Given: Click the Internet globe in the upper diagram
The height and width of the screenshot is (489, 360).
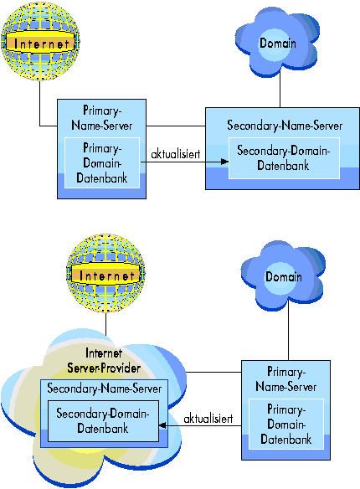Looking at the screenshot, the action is click(x=40, y=41).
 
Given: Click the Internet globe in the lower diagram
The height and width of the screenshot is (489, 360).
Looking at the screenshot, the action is click(x=105, y=274).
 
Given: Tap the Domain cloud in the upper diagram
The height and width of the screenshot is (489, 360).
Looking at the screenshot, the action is click(x=277, y=43).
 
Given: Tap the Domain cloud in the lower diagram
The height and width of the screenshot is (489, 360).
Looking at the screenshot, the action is click(x=283, y=275).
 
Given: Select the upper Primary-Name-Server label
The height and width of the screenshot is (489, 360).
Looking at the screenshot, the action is click(x=101, y=118).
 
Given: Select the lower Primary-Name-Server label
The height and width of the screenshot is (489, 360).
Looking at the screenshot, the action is click(x=285, y=379).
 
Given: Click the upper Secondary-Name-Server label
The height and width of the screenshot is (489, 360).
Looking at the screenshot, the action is click(x=285, y=126).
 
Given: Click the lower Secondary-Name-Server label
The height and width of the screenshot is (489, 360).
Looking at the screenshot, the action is click(x=105, y=389).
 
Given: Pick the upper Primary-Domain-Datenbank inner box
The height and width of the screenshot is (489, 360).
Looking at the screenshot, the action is click(x=101, y=162).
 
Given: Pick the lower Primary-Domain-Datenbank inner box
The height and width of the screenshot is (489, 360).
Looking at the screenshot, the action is click(x=286, y=425).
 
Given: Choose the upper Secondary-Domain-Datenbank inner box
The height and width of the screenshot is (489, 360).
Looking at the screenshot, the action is click(x=284, y=158).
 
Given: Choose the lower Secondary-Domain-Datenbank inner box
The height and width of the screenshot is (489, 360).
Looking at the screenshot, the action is click(x=103, y=421).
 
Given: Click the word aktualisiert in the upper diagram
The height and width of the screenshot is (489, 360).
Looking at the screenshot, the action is click(x=176, y=154).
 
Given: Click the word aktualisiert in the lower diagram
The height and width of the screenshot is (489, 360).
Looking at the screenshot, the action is click(x=208, y=418).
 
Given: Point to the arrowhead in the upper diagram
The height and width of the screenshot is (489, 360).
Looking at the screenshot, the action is click(x=224, y=162).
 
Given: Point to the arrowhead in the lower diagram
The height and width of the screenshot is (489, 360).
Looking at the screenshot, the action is click(x=162, y=425).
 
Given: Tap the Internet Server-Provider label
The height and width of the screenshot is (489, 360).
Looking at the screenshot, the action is click(x=104, y=361).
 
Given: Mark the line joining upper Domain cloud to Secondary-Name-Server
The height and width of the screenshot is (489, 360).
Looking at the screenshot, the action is click(x=280, y=90).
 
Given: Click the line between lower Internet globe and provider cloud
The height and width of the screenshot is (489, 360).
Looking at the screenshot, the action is click(x=106, y=324).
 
